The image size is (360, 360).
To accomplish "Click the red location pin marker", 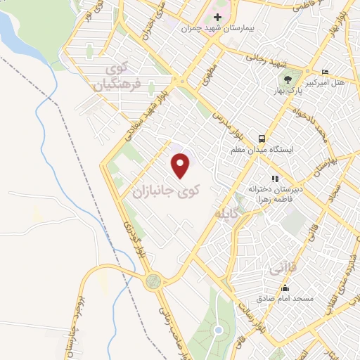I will (x=181, y=166).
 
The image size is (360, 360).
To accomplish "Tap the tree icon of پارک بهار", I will (x=287, y=79).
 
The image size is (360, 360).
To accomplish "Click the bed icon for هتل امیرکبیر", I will (x=325, y=72).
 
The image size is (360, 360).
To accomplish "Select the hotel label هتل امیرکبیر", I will (x=328, y=84).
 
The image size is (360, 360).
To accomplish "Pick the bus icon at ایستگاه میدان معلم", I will (x=262, y=139).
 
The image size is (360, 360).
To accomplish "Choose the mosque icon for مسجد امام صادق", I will (x=285, y=288).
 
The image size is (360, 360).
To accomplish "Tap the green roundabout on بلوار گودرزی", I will (x=153, y=281).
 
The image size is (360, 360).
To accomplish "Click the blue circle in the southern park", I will (x=218, y=330).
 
